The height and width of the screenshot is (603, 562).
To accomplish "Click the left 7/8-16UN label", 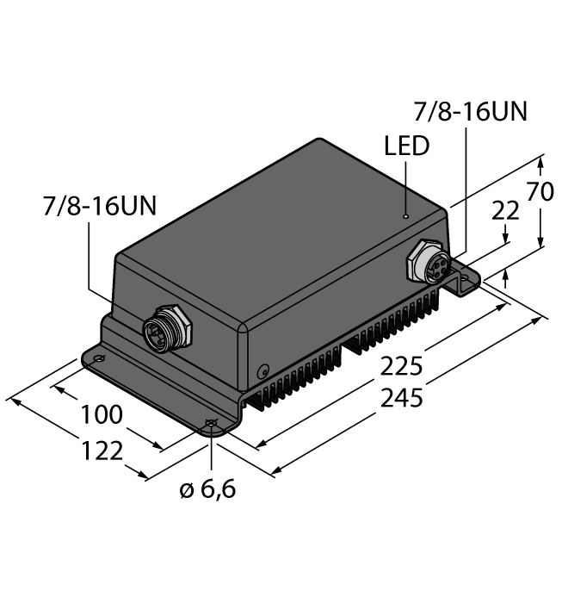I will (x=100, y=208).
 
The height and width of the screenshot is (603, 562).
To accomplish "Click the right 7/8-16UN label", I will (x=470, y=112).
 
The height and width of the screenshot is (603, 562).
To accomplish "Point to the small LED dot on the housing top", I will (x=406, y=216).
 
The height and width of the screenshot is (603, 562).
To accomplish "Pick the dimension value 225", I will (x=395, y=368).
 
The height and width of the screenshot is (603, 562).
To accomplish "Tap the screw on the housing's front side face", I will (x=262, y=371).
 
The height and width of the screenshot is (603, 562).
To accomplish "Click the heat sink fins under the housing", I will (x=344, y=362).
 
